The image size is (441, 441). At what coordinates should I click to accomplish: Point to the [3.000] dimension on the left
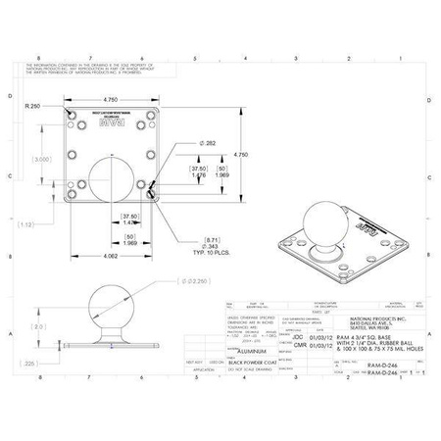click(x=41, y=159)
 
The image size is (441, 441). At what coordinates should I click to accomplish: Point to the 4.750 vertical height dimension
click(x=241, y=153)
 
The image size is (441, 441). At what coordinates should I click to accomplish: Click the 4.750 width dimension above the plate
click(x=111, y=99)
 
